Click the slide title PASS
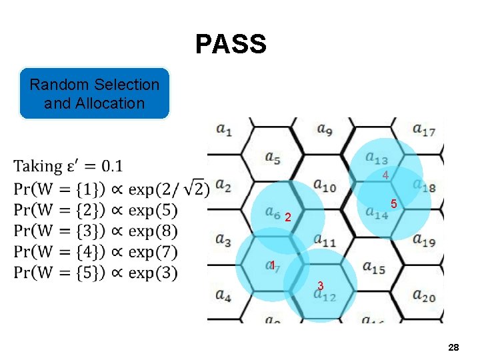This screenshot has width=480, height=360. coord(231,45)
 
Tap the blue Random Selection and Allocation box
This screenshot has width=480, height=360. coord(95,93)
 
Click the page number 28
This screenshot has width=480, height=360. coord(453,348)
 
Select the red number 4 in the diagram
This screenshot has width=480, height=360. coord(385,175)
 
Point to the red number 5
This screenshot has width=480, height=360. coord(395,203)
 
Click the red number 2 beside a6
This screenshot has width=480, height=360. coord(287,217)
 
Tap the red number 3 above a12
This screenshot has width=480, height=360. coord(321,285)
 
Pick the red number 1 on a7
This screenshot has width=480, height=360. coord(273,265)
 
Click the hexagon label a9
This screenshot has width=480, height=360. coord(325,129)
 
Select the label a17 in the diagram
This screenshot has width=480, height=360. coord(424,129)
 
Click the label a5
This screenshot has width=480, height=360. coord(272,158)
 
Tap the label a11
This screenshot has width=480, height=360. coord(324,241)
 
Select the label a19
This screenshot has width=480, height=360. coord(424,241)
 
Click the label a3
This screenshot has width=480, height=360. coord(223,241)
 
